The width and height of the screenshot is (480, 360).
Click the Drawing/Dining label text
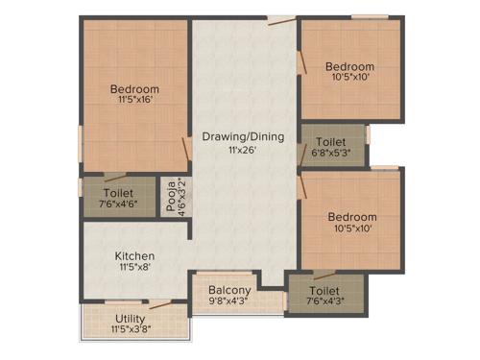click(x=243, y=136)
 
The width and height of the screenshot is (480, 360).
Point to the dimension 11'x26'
click(x=243, y=150)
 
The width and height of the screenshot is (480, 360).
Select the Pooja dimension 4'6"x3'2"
click(x=178, y=195)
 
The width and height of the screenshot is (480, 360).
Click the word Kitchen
click(x=135, y=255)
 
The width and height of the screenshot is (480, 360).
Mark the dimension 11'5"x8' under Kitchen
click(x=135, y=268)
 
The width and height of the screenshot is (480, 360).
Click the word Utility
click(x=131, y=318)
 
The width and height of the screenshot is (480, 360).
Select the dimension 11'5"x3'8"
click(x=131, y=329)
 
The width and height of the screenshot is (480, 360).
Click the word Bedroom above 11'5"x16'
click(x=133, y=89)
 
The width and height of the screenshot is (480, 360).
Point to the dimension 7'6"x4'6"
click(x=118, y=204)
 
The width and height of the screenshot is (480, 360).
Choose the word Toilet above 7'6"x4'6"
click(x=118, y=192)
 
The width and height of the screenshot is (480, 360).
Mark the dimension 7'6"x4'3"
click(x=324, y=300)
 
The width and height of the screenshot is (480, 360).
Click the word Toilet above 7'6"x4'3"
click(x=324, y=289)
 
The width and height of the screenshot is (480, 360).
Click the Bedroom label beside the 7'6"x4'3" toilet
click(x=349, y=216)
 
